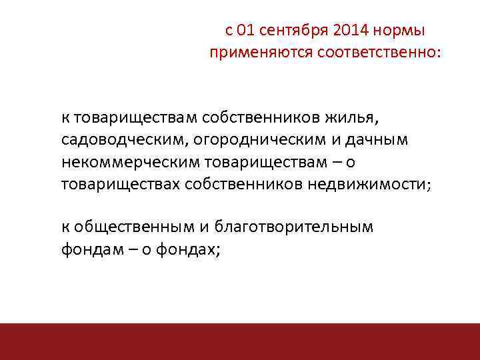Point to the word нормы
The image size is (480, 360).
404,31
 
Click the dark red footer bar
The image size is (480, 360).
240,341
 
